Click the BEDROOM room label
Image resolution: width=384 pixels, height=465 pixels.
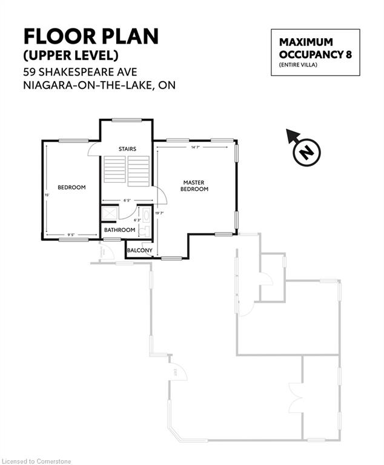point(71,187)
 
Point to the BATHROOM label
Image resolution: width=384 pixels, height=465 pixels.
point(119,230)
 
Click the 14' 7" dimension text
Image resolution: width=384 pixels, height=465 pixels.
point(195,147)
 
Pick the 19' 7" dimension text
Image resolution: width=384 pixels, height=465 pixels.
point(159,213)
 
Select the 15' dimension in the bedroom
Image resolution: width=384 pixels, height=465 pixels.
point(46,194)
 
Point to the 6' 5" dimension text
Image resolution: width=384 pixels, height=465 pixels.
point(127,200)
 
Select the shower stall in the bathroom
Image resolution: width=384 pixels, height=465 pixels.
point(110,214)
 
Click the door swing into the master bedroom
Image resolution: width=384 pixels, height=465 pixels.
point(159,195)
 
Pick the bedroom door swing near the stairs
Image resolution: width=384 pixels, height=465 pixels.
point(94,149)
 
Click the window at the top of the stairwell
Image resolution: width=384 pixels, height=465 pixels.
point(127,120)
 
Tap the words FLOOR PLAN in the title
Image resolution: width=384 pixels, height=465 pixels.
point(91,36)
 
